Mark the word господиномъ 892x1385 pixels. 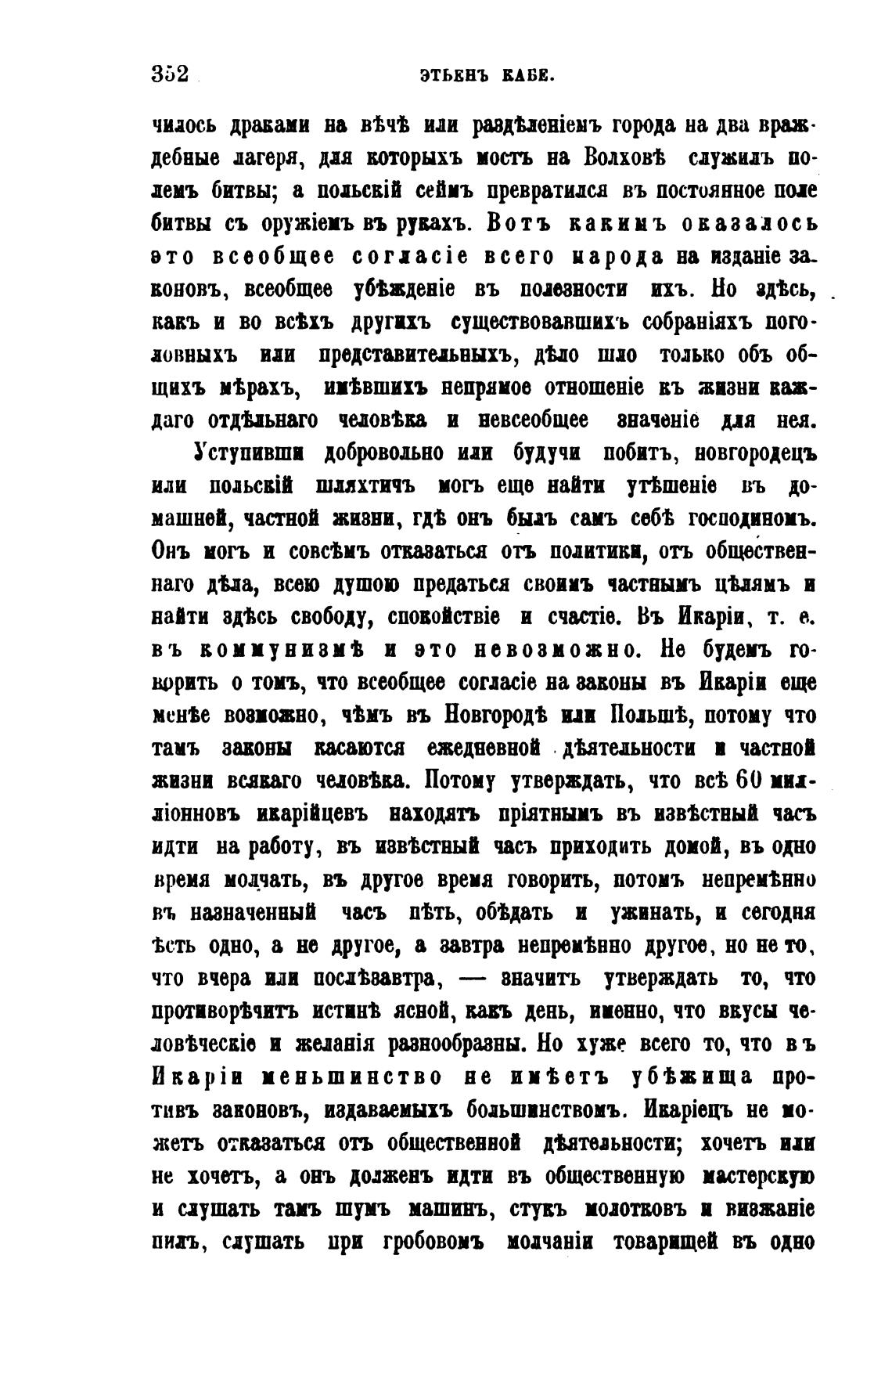point(752,519)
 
